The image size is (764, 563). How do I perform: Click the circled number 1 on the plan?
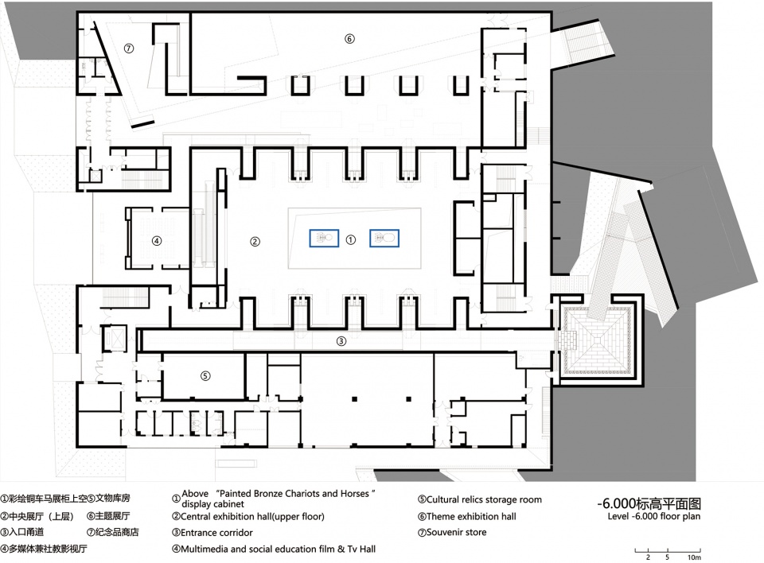[x=350, y=239]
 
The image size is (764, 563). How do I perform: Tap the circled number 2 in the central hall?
[x=255, y=241]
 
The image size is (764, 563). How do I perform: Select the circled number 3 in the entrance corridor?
[x=341, y=341]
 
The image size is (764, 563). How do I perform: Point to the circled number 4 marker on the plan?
[x=157, y=241]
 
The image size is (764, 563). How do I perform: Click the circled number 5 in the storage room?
[x=205, y=375]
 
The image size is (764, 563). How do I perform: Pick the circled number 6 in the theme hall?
[x=349, y=38]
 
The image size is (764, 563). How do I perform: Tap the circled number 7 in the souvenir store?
[x=129, y=49]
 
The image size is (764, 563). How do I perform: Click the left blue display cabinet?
[x=324, y=238]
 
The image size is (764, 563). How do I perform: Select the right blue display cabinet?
[x=384, y=238]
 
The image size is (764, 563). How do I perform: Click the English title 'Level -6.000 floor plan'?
[x=654, y=516]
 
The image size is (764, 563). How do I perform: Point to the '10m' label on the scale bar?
[x=694, y=557]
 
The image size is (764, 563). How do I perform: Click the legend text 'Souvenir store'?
[x=456, y=532]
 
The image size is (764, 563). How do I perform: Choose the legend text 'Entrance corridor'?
[x=216, y=533]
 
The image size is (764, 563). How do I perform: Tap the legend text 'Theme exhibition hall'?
[x=471, y=516]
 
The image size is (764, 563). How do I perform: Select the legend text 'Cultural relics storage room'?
[x=484, y=499]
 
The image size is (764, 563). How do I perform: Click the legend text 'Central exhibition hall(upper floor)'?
[x=252, y=516]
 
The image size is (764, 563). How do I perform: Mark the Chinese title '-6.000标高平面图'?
[x=649, y=503]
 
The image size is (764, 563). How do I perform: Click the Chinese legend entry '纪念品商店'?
[x=117, y=532]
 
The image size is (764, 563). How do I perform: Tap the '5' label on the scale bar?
[x=667, y=557]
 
